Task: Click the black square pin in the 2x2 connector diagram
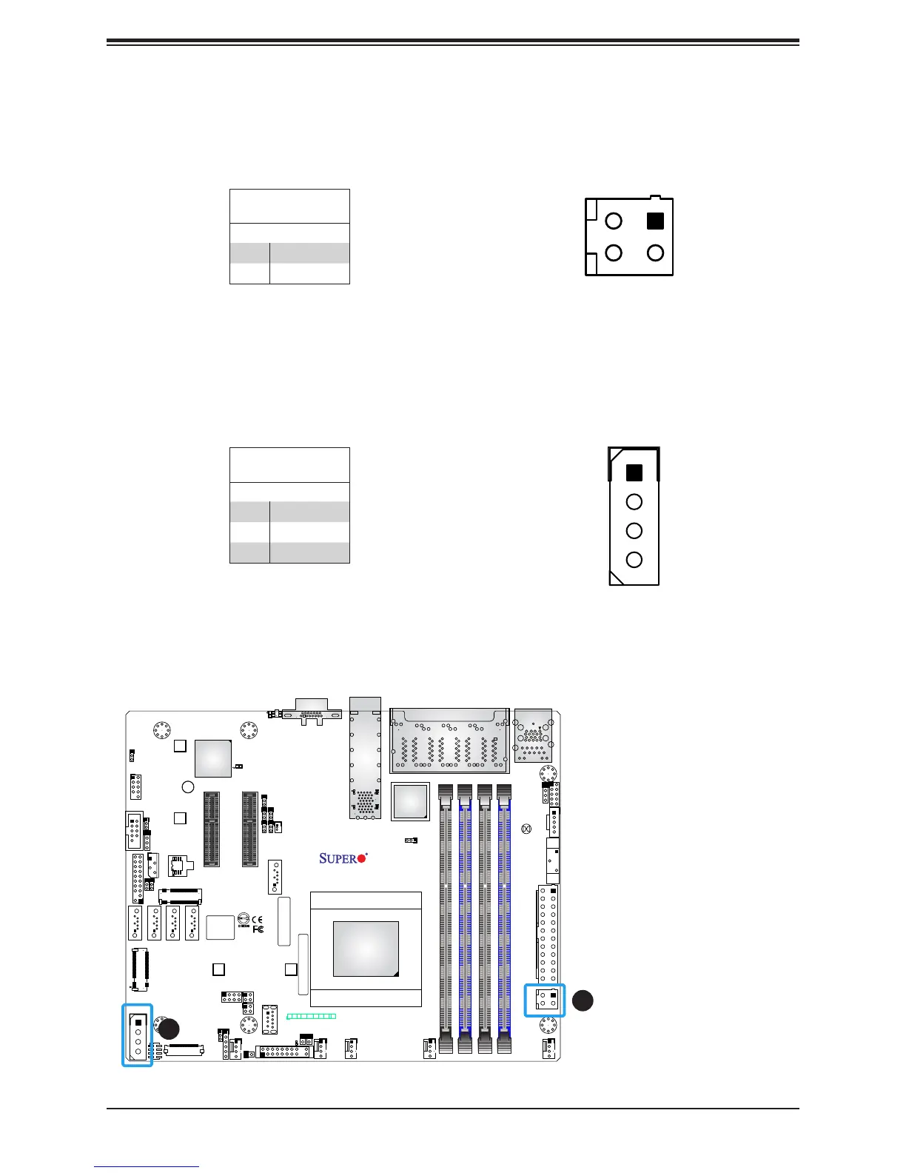(x=655, y=221)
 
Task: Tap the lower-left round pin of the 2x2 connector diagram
(x=614, y=253)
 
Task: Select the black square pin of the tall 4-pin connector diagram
(x=634, y=472)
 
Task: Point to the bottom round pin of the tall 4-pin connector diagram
(x=634, y=560)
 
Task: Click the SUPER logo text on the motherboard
(x=338, y=858)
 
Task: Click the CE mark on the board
(x=257, y=920)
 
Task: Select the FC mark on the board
(x=258, y=929)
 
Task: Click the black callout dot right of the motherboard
(x=583, y=1000)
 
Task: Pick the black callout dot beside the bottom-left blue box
(x=169, y=1029)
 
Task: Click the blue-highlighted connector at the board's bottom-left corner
(x=138, y=1035)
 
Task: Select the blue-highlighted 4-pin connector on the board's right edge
(x=545, y=1000)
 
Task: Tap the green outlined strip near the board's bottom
(x=312, y=1016)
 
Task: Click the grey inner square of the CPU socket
(x=366, y=949)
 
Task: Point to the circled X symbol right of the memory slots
(x=526, y=829)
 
